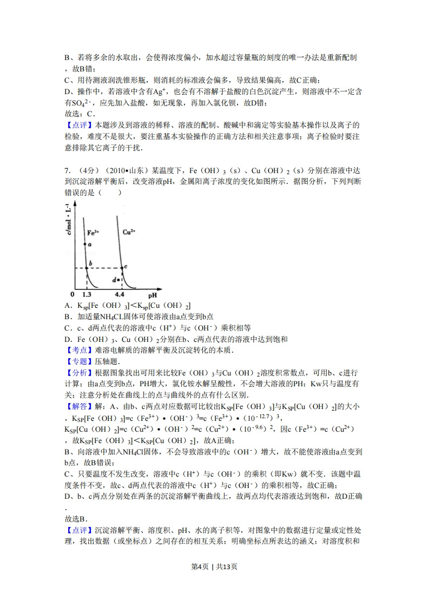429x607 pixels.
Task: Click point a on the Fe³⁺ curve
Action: (85, 245)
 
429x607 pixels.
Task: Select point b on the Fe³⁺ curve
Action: (87, 268)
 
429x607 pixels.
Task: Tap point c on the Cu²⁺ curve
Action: (121, 268)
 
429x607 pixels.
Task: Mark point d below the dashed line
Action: (118, 280)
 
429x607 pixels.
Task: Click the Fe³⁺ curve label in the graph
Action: (93, 232)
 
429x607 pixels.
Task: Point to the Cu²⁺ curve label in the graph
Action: (129, 232)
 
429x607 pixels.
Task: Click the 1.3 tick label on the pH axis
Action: (87, 295)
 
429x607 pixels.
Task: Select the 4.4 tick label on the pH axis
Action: (120, 295)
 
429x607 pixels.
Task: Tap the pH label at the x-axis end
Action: (153, 295)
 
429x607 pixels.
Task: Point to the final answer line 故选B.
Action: (76, 518)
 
